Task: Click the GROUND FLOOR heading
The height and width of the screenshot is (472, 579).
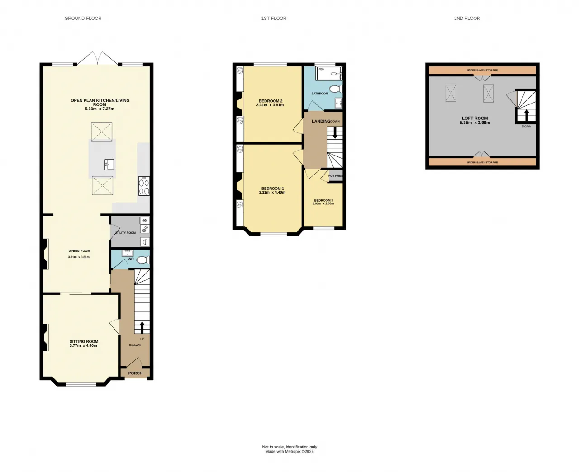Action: coord(83,19)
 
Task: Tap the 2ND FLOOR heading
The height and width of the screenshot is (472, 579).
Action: coord(467,19)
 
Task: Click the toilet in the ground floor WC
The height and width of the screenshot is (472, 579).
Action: coord(143,260)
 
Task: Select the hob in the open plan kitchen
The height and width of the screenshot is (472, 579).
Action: coord(144,186)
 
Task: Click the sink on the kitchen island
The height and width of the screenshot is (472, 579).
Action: coord(109,165)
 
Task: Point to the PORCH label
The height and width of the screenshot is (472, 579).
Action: coord(135,373)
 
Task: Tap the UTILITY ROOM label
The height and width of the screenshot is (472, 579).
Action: coord(125,233)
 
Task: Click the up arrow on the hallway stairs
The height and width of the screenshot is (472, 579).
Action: coord(142,327)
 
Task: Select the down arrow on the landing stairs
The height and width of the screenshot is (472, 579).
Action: coord(335,133)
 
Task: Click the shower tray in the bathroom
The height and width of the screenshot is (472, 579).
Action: coord(328,74)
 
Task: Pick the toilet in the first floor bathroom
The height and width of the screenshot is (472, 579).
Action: coord(336,89)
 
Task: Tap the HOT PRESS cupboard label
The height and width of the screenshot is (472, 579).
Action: coord(336,175)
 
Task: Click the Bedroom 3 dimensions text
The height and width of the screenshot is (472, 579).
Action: coord(323,203)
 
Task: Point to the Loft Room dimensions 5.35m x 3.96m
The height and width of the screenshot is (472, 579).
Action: coord(475,123)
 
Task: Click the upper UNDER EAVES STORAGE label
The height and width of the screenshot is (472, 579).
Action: coord(482,70)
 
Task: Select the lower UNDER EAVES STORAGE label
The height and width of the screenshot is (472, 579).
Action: coord(482,162)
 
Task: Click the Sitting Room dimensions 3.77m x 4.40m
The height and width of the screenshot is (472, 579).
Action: coord(84,345)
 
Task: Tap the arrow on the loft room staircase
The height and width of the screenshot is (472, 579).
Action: coord(527,115)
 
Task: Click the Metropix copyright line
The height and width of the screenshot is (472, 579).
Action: coord(289,451)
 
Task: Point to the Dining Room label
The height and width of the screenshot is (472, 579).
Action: coord(79,250)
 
